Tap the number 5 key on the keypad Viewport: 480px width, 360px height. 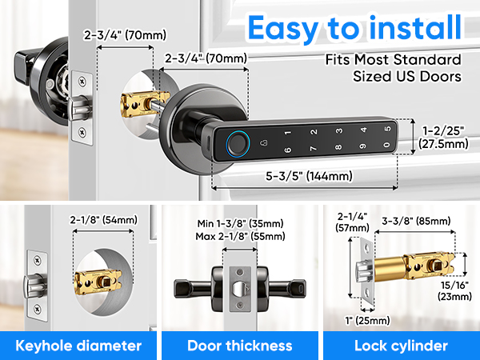pos(387,130)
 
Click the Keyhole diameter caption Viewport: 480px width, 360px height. pos(78,346)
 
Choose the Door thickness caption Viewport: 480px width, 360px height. pos(240,346)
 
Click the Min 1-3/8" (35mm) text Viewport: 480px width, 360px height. pos(239,223)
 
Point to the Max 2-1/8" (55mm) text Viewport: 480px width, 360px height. pos(239,237)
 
